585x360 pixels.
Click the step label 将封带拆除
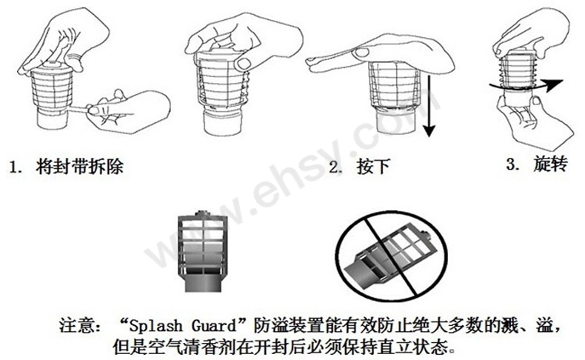click(79, 166)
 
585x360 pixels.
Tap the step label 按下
click(373, 166)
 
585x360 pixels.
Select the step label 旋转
click(550, 164)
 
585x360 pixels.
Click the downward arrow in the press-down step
click(429, 106)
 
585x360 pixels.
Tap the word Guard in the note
click(215, 325)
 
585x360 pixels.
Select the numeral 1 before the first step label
click(14, 167)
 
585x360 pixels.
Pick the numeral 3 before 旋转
click(511, 164)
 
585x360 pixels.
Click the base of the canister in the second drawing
click(221, 122)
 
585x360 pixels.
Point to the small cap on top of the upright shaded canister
click(203, 213)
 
